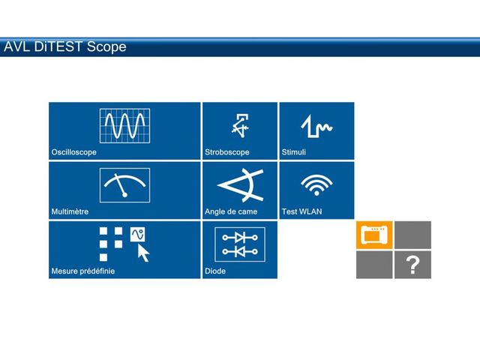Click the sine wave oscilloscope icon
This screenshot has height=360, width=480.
[x=124, y=125]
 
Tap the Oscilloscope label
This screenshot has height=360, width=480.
[x=73, y=152]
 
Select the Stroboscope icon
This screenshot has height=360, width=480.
[x=240, y=125]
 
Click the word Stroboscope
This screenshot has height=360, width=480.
[x=226, y=152]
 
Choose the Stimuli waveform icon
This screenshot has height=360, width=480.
[x=316, y=126]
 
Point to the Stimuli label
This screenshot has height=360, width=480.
[x=293, y=152]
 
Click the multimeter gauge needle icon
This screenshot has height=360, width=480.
[x=124, y=185]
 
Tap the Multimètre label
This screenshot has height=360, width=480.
[x=70, y=211]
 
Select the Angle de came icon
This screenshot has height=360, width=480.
[x=240, y=185]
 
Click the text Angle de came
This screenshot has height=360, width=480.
[x=231, y=211]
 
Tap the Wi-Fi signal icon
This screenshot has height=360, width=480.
[x=316, y=185]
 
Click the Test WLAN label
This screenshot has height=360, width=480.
[x=301, y=211]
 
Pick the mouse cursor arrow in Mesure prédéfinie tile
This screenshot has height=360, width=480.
[x=143, y=253]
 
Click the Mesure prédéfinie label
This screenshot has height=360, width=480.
[x=83, y=271]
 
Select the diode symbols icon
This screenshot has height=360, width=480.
[x=240, y=244]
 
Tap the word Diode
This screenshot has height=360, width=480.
[x=215, y=271]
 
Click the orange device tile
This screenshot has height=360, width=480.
[x=374, y=235]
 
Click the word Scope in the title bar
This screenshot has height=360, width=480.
[x=106, y=46]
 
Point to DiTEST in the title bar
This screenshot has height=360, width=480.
[x=58, y=46]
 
